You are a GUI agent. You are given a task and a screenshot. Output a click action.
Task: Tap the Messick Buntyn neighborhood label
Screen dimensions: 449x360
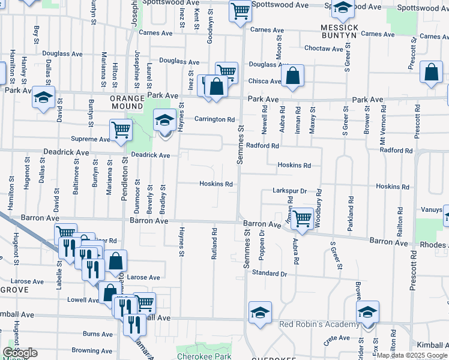[339, 32]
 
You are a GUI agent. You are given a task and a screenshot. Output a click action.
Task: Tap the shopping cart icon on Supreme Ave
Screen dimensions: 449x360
[121, 129]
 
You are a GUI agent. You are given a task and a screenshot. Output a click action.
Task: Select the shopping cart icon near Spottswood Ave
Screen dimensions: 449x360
[240, 10]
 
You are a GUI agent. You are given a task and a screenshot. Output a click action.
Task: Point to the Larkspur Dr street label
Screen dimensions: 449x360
[289, 191]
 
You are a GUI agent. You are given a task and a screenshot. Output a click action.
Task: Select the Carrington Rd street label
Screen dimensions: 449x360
[214, 119]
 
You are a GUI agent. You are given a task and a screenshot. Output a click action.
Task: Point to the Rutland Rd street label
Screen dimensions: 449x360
[214, 243]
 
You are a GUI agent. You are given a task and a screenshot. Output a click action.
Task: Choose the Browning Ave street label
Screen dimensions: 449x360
[92, 351]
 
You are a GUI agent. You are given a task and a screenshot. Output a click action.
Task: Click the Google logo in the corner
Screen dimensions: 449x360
[20, 353]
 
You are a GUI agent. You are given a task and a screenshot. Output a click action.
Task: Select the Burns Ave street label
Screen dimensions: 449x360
[98, 334]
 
